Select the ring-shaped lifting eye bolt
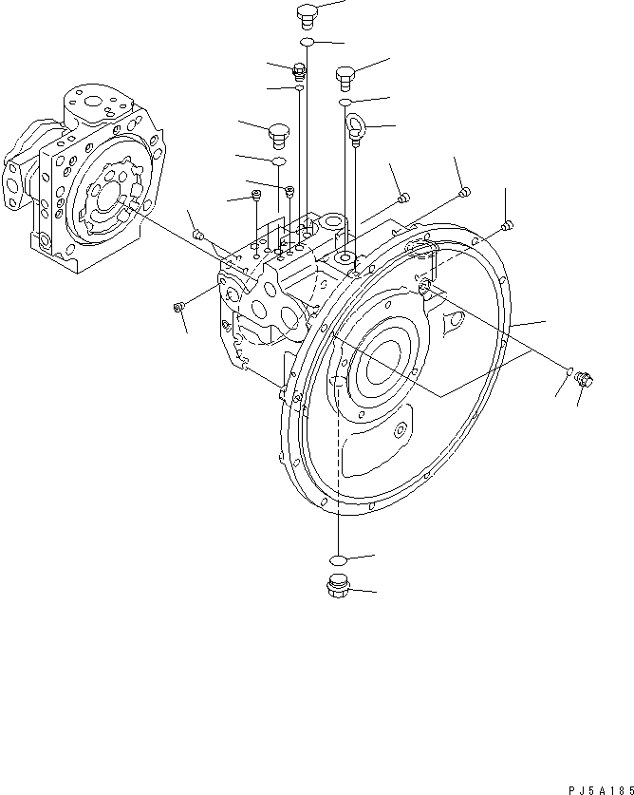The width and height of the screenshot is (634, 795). (359, 126)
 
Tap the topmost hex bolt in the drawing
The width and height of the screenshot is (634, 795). (308, 13)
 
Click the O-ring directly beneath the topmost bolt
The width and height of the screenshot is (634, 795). (308, 43)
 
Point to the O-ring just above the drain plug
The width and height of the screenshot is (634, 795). (337, 558)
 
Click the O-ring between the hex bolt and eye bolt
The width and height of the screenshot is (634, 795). (347, 101)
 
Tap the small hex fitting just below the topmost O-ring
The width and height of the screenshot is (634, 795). (300, 69)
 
